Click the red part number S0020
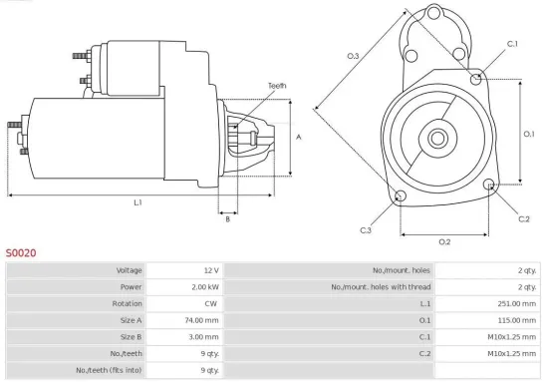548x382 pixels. click(21, 253)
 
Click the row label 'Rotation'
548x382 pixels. click(127, 304)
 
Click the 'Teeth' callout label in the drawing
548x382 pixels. click(277, 86)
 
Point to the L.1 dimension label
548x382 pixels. click(137, 202)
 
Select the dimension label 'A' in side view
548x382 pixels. click(299, 138)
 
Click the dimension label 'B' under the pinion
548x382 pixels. click(227, 219)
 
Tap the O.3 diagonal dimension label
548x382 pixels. click(353, 56)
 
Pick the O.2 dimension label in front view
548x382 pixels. click(444, 241)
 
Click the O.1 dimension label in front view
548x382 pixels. click(529, 133)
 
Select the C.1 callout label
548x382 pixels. click(512, 44)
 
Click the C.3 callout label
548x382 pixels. click(366, 230)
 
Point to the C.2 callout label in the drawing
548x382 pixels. click(524, 217)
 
